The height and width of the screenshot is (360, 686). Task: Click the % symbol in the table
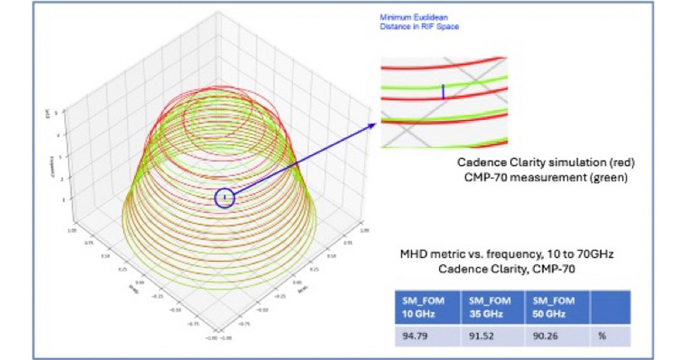pyautogui.click(x=601, y=336)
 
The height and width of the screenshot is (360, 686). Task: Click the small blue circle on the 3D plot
pyautogui.click(x=225, y=198)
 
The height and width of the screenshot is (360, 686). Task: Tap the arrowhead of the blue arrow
pyautogui.click(x=374, y=125)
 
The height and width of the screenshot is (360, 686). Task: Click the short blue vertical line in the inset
pyautogui.click(x=442, y=91)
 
